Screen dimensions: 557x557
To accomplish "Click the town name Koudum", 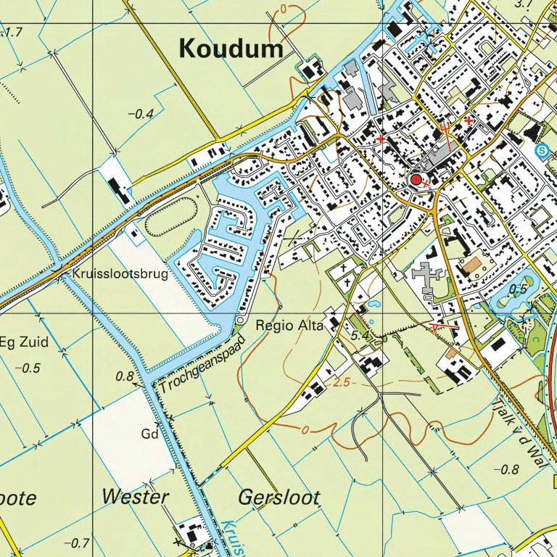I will click(x=231, y=49).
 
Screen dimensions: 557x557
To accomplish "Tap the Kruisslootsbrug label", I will click(x=120, y=274).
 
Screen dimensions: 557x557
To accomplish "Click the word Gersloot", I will click(x=278, y=498).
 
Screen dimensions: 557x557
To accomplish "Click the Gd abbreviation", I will click(x=149, y=434).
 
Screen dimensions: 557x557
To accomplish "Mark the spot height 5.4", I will click(x=360, y=337).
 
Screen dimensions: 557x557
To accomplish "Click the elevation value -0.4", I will click(x=141, y=114).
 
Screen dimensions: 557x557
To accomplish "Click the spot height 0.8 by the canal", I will click(x=125, y=376).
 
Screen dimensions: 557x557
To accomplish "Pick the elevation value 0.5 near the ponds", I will click(x=517, y=289).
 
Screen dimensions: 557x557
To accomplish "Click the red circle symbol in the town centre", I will click(x=416, y=179).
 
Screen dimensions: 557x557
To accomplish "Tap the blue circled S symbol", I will click(x=541, y=150).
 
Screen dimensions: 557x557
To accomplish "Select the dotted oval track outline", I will click(x=171, y=215).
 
